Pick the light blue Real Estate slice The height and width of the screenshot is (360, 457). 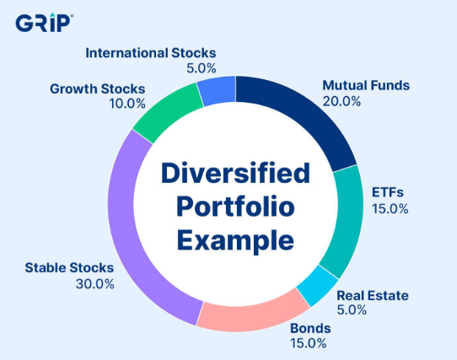click(x=318, y=286)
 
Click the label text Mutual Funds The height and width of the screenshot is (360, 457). click(x=366, y=85)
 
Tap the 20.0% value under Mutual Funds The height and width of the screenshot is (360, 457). click(x=341, y=101)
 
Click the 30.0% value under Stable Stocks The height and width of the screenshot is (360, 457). click(x=95, y=284)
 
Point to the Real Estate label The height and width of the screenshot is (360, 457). click(x=373, y=296)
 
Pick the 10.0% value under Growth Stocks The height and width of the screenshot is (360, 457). click(x=127, y=104)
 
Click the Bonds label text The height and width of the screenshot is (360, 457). click(x=310, y=329)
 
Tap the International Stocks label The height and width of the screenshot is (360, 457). click(x=151, y=53)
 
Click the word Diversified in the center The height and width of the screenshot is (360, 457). click(x=235, y=173)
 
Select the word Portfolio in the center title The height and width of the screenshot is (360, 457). click(x=235, y=207)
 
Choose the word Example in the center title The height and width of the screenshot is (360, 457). click(x=235, y=241)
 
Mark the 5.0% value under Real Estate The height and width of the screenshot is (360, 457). click(x=352, y=309)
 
